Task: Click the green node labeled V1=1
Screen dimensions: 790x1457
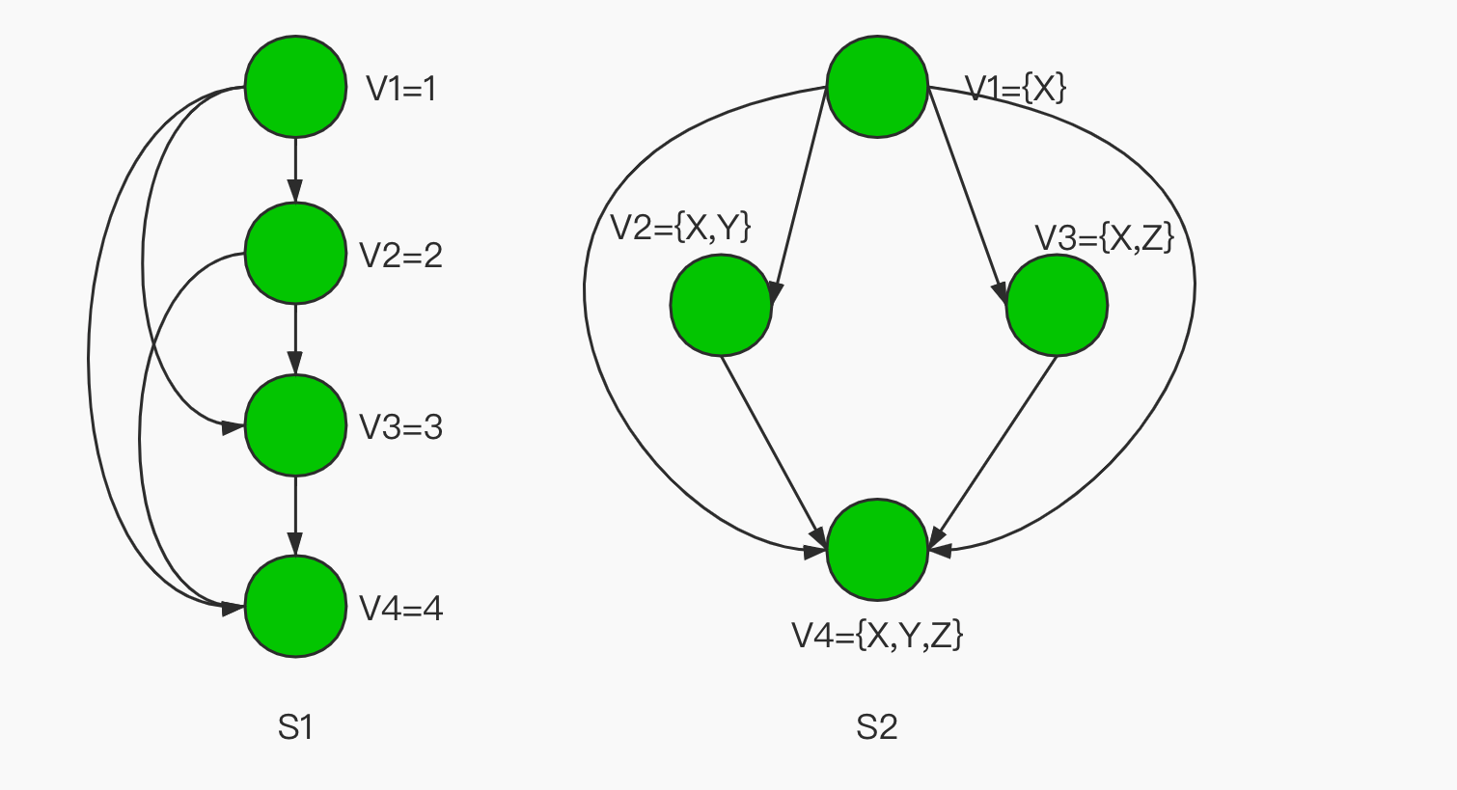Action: (x=295, y=87)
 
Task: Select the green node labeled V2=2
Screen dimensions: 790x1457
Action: (x=295, y=254)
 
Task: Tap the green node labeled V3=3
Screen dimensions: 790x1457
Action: (x=295, y=425)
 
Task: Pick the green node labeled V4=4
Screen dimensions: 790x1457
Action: (x=295, y=607)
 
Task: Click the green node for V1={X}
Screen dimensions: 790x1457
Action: (x=877, y=88)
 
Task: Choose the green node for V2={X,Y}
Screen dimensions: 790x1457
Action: (x=721, y=305)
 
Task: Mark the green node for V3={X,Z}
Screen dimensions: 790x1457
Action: (x=1057, y=305)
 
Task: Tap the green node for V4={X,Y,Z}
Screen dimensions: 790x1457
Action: (x=877, y=550)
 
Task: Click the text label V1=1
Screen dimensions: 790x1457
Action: (x=400, y=89)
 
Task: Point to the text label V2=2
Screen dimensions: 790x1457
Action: (x=400, y=256)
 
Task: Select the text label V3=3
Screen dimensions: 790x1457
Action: (x=400, y=427)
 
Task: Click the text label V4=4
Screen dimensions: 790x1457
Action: (x=400, y=609)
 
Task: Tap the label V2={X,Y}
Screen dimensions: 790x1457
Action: (x=680, y=228)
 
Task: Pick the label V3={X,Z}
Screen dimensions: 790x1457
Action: (x=1104, y=237)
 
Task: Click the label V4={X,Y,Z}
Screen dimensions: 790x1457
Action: (x=877, y=635)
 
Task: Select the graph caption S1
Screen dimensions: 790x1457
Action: (x=295, y=727)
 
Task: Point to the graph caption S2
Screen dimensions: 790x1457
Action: (x=876, y=727)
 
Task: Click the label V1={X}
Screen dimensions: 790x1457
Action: (x=1016, y=89)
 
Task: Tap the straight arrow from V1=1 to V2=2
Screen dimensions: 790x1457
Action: (x=295, y=170)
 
